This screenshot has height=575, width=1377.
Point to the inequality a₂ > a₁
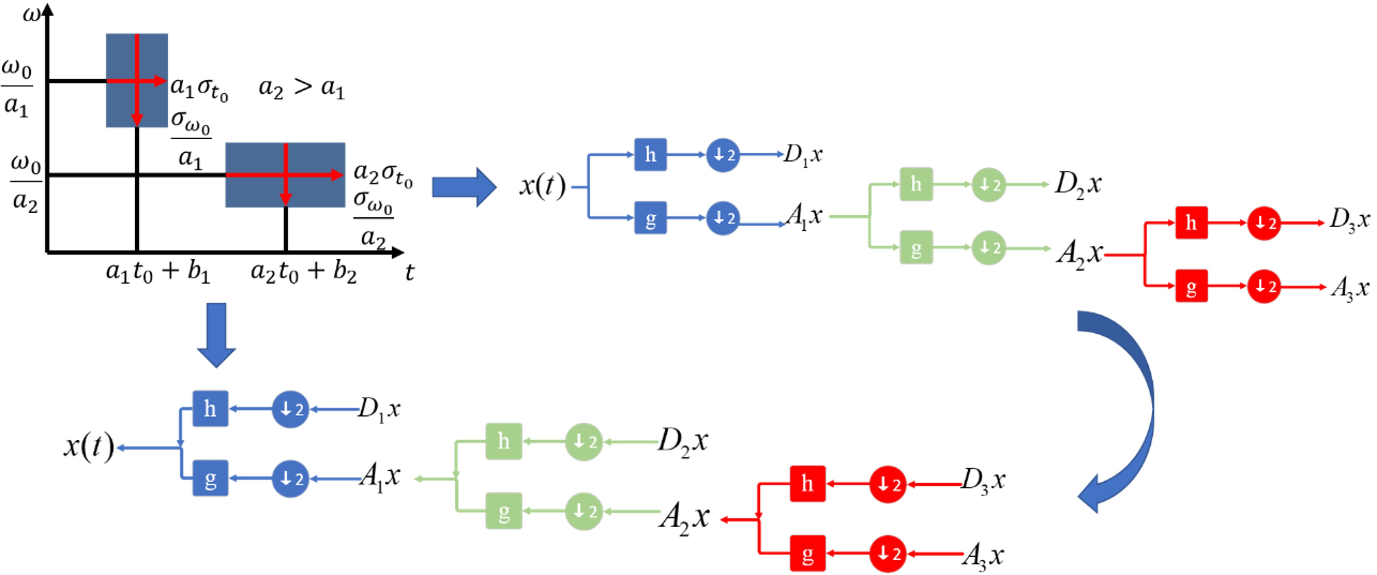pyautogui.click(x=301, y=88)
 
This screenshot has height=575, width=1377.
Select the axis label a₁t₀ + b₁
pyautogui.click(x=158, y=272)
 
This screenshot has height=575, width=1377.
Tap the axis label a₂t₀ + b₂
pyautogui.click(x=304, y=272)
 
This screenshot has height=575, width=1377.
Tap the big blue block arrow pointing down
pyautogui.click(x=216, y=334)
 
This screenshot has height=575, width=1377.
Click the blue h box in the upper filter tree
pyautogui.click(x=650, y=154)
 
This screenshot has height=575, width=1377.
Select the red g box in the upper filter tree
pyautogui.click(x=1191, y=286)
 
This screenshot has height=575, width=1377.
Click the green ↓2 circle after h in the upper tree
pyautogui.click(x=988, y=185)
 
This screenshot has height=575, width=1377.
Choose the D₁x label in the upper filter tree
pyautogui.click(x=803, y=156)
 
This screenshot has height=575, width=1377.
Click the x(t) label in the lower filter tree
pyautogui.click(x=89, y=447)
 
